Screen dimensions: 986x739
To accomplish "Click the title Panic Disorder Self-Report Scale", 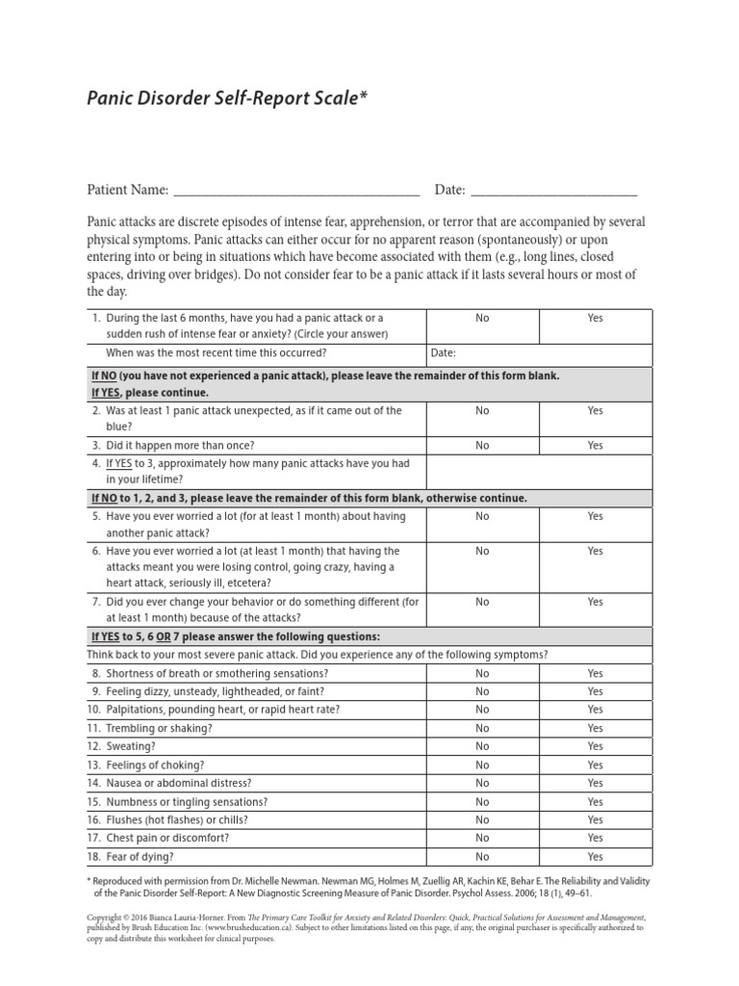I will pos(228,98).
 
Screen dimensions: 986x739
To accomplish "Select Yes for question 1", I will pos(595,317).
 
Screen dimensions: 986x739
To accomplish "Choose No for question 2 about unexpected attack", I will pos(482,410).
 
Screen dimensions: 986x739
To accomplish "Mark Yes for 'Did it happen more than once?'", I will pos(595,446).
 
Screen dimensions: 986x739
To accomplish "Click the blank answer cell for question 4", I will pos(539,471).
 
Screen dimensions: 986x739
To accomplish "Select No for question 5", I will pos(482,516).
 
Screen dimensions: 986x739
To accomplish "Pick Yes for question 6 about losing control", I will pos(595,551).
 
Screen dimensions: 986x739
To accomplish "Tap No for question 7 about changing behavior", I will pos(482,602).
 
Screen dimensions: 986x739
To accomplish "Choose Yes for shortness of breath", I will pos(595,673).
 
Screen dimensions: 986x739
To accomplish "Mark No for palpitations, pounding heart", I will pos(482,710).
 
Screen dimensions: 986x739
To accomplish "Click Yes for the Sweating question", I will pos(595,746).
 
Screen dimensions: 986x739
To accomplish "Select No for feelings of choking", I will pos(482,765).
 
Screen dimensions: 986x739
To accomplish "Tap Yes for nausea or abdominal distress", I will pos(595,784).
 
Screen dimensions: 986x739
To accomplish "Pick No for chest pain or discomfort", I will pos(482,839).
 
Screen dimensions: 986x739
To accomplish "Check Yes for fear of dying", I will pos(595,857).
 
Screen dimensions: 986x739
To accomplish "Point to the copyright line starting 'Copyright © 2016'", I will pos(366,919).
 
